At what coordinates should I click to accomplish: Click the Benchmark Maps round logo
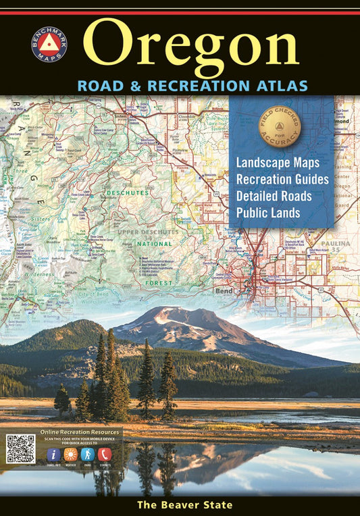[x=49, y=45]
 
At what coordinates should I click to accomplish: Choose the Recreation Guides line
[x=282, y=180]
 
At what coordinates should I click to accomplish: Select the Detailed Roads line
[x=274, y=197]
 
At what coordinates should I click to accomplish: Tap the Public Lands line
[x=268, y=213]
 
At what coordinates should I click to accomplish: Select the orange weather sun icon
[x=70, y=454]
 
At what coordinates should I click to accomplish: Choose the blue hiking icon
[x=87, y=454]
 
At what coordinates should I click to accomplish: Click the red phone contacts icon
[x=104, y=454]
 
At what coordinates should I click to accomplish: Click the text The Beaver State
[x=184, y=505]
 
